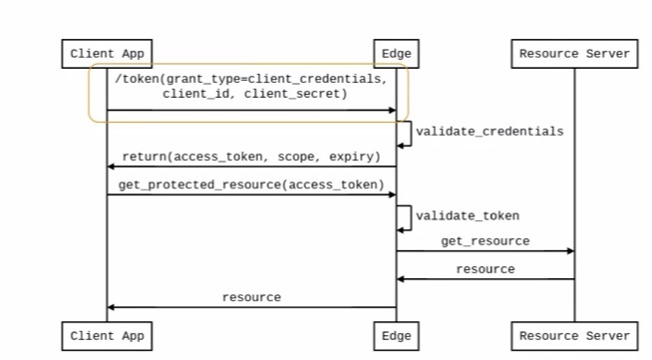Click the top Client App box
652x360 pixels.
107,54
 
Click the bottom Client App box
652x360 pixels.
107,336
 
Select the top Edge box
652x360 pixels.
396,54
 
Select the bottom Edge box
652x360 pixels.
396,336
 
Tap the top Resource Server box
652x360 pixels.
574,54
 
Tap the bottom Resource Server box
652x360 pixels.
574,336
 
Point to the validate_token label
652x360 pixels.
468,215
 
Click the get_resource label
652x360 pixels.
486,241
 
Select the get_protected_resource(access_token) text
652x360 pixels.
250,184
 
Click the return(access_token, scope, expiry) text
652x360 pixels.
250,158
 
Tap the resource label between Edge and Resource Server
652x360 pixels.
486,269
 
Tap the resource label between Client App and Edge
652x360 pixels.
251,297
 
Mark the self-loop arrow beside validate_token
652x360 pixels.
407,217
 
